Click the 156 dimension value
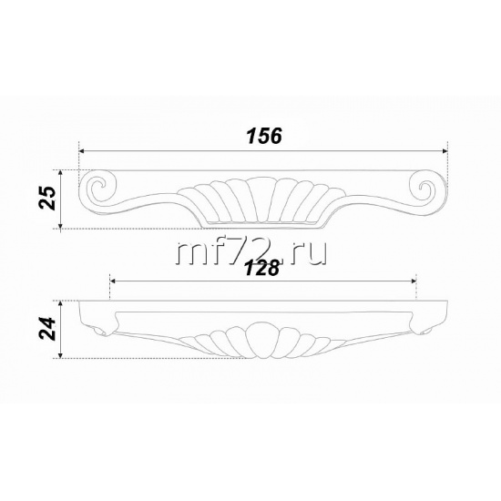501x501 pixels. pyautogui.click(x=264, y=136)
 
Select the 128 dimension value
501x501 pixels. pyautogui.click(x=262, y=268)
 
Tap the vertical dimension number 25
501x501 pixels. pyautogui.click(x=47, y=198)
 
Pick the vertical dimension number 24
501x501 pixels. pyautogui.click(x=47, y=329)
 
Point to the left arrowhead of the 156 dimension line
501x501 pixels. pyautogui.click(x=81, y=151)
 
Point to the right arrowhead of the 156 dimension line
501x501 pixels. pyautogui.click(x=445, y=151)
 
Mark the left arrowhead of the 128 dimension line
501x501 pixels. pyautogui.click(x=112, y=281)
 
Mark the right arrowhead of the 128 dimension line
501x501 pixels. pyautogui.click(x=414, y=281)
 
